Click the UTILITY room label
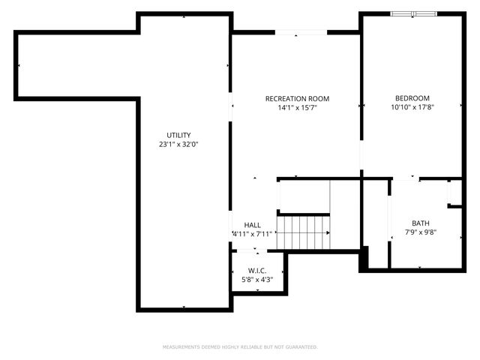pos(178,135)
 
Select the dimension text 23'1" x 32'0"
pos(178,144)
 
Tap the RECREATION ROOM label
pos(297,99)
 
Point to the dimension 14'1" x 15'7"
pos(297,108)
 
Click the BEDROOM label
pos(412,98)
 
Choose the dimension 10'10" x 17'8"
pos(412,107)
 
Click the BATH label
pos(421,223)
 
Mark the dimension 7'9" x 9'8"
pos(421,232)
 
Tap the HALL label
pos(252,225)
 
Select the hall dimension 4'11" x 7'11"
pos(252,234)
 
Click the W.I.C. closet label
pos(257,270)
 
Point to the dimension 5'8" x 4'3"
pos(257,280)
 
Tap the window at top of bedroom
pos(413,14)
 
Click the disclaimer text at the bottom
pos(240,347)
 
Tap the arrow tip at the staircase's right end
pos(328,232)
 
